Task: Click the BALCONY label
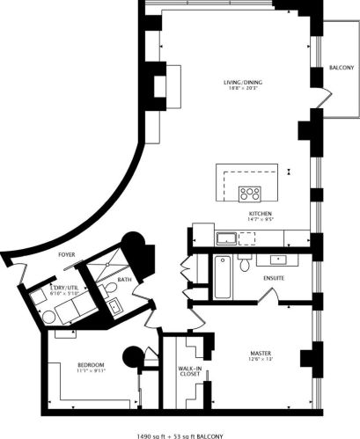342,68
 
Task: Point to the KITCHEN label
259,214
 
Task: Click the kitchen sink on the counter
225,237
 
